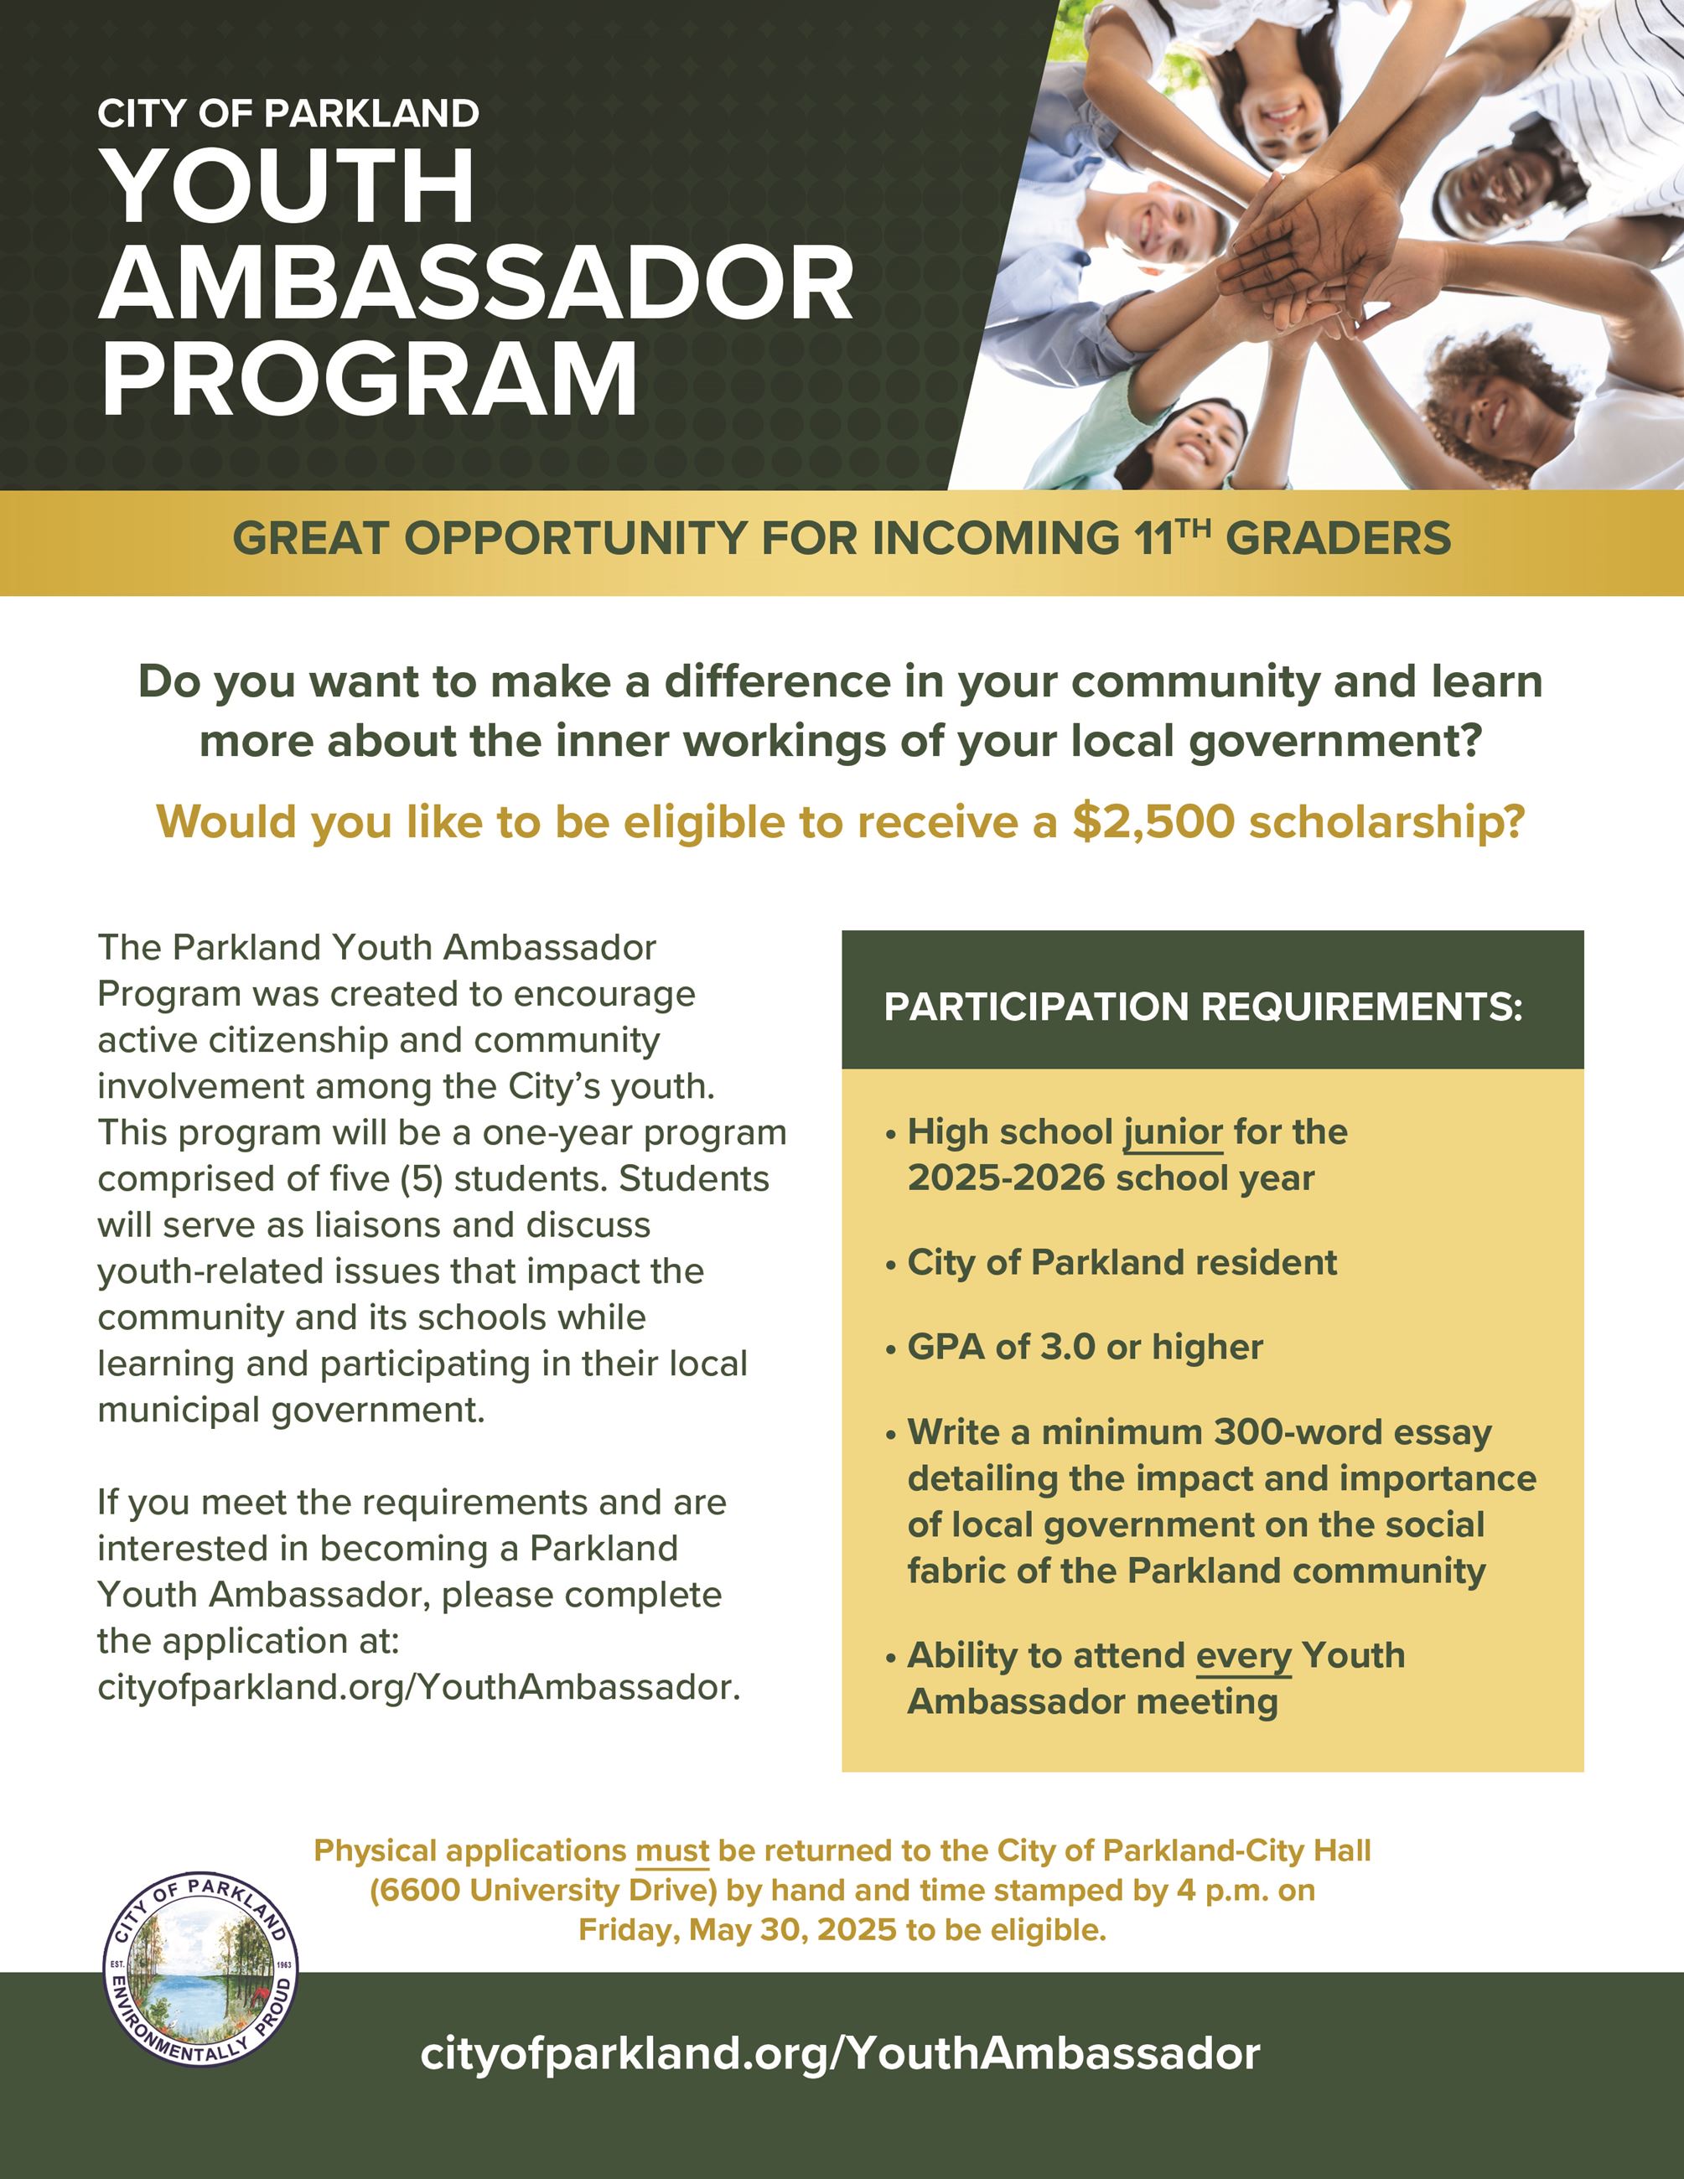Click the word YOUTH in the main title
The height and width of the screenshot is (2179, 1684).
[289, 187]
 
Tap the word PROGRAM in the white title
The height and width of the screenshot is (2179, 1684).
[369, 379]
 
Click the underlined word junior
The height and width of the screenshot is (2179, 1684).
[1174, 1132]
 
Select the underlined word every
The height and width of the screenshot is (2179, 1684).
[1243, 1655]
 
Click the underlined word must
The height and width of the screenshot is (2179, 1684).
[672, 1850]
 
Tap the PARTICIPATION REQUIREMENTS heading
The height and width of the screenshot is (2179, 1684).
[1203, 1007]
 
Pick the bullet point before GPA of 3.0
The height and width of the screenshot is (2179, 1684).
[891, 1350]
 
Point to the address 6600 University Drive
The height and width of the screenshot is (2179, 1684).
[544, 1890]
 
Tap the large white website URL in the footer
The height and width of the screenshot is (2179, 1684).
[840, 2053]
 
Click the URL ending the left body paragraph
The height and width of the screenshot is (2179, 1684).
[419, 1687]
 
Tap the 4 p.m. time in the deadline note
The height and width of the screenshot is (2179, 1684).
[1213, 1890]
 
